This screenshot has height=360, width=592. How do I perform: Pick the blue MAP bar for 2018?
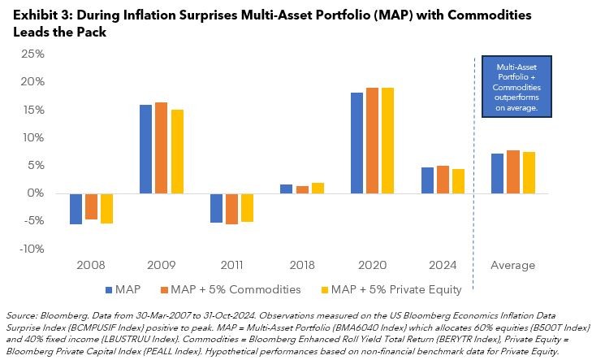(x=285, y=189)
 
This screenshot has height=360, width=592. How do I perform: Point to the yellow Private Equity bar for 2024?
(x=458, y=181)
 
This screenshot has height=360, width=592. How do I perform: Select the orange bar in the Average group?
(x=512, y=171)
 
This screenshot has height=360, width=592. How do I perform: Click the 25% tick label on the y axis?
(x=33, y=54)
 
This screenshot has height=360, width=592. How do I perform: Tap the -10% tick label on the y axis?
(x=32, y=249)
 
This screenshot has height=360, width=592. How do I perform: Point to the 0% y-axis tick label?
(x=37, y=193)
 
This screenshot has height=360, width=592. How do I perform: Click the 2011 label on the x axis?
(x=231, y=265)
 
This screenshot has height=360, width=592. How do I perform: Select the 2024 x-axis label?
(x=442, y=265)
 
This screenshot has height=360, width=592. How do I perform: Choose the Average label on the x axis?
(x=512, y=265)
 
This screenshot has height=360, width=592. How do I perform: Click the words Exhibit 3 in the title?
(x=33, y=15)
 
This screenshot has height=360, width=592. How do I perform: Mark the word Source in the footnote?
(x=20, y=314)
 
